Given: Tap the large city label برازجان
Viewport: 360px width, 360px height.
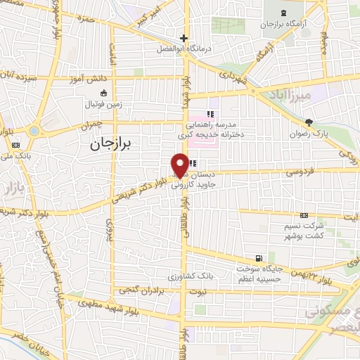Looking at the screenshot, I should (x=116, y=143).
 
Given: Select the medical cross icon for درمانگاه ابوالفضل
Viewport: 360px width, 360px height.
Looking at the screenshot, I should (x=184, y=38).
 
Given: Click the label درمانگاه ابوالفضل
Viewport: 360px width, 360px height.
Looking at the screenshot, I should (x=184, y=50).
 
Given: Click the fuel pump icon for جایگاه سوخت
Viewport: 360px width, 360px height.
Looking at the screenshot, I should (x=261, y=258).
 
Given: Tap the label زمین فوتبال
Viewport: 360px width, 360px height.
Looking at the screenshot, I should (x=104, y=103).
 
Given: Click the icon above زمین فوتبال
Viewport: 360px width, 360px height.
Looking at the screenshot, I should (x=104, y=93).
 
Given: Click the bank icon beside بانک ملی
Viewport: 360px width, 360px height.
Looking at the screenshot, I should (x=15, y=146).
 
